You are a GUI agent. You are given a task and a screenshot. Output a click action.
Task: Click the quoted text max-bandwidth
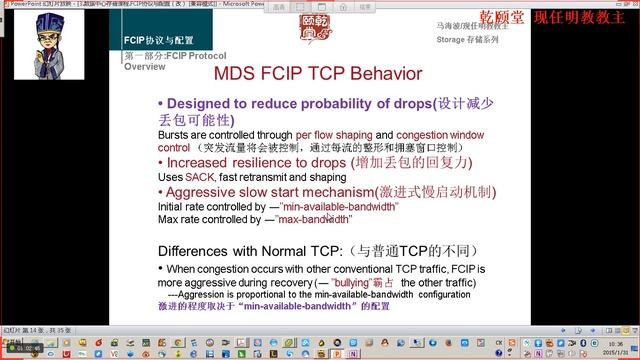tap(315, 218)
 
